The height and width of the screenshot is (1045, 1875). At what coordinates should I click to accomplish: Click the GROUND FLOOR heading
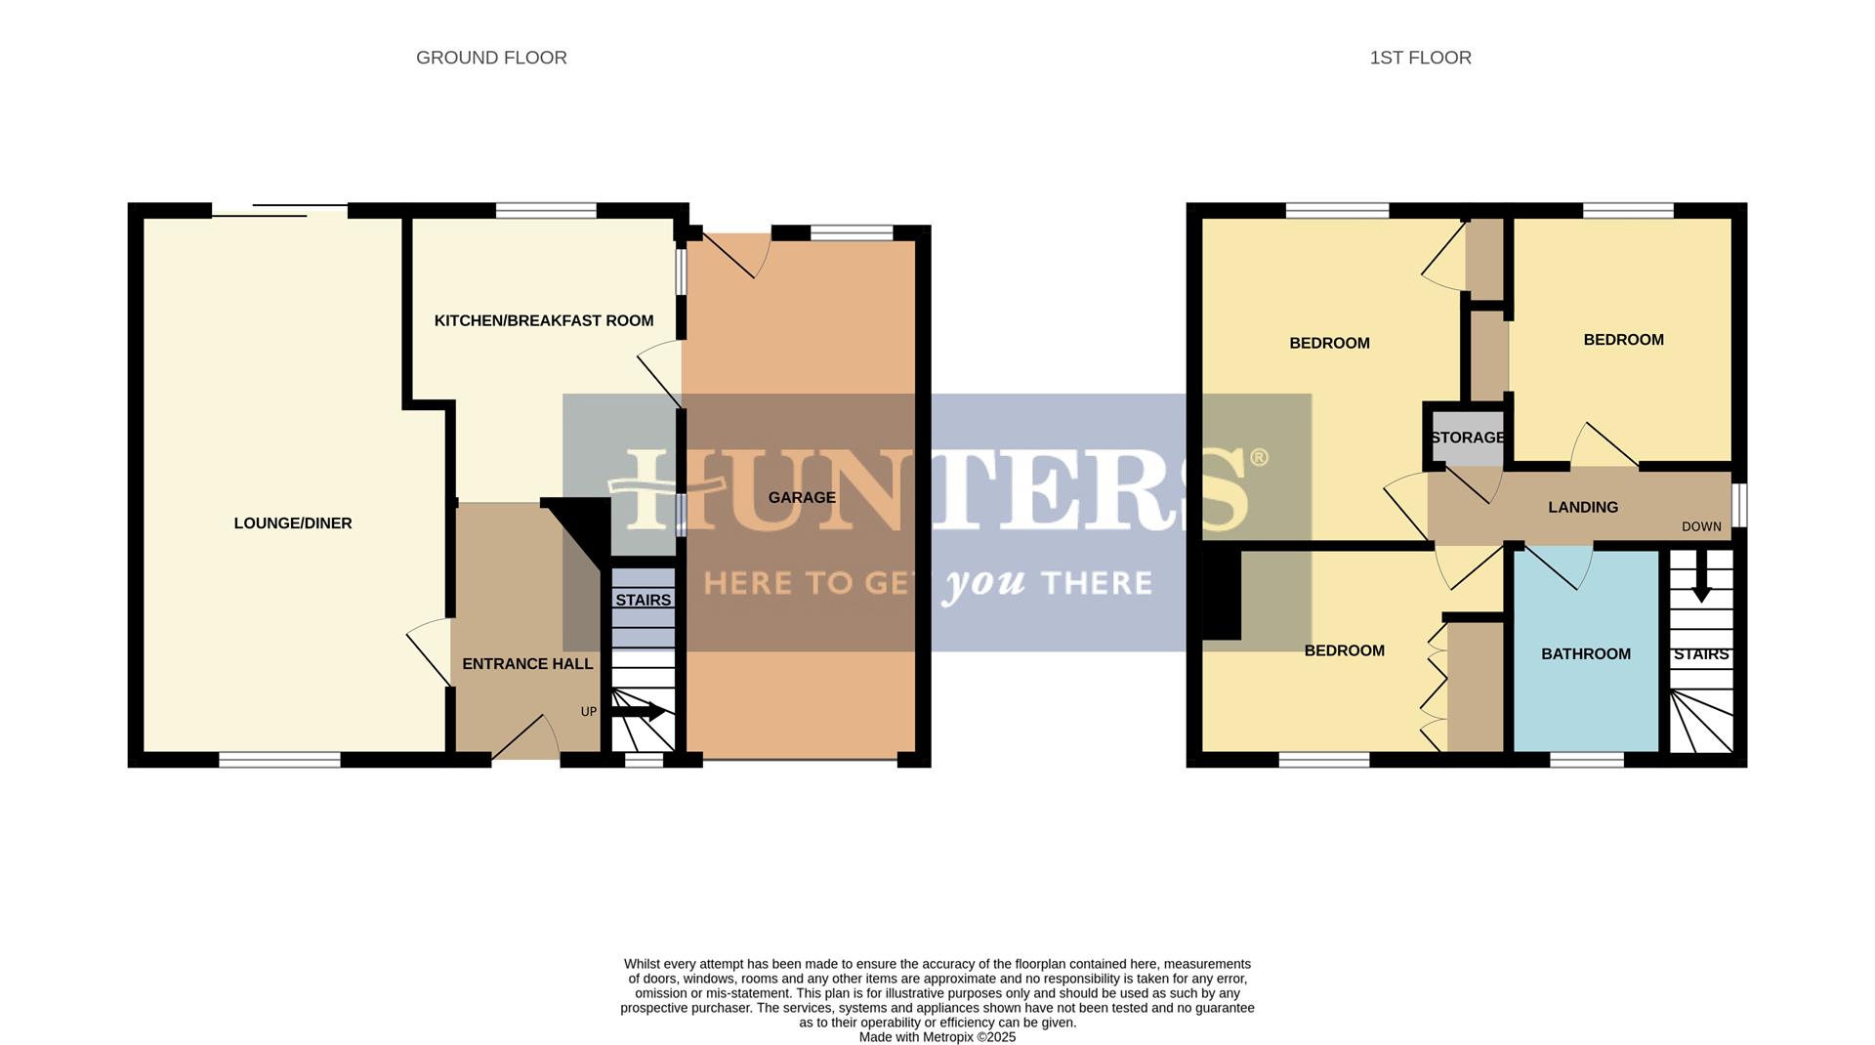(x=491, y=58)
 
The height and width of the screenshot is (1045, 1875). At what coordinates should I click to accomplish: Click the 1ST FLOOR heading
(x=1420, y=58)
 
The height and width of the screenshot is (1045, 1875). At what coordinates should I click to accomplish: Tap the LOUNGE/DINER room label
(x=293, y=523)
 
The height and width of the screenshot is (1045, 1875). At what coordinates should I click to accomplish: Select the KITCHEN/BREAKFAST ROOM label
(x=544, y=320)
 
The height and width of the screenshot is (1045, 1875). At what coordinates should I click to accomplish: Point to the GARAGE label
(x=802, y=497)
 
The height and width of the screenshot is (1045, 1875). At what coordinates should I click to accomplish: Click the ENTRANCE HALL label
(x=527, y=664)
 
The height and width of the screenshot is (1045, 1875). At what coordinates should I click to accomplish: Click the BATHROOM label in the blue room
(x=1586, y=654)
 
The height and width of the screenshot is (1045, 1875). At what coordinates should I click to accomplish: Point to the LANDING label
(x=1583, y=507)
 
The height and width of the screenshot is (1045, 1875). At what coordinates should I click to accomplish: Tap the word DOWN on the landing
(x=1701, y=526)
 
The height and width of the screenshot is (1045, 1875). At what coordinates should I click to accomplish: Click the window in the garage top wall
(x=852, y=232)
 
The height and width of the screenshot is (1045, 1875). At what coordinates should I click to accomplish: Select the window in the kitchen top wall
(x=546, y=210)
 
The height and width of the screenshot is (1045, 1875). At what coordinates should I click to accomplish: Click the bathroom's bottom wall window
(x=1587, y=760)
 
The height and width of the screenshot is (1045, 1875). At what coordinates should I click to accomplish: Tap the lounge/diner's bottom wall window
(x=279, y=760)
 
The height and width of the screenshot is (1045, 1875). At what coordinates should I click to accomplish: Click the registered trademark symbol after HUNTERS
(x=1259, y=456)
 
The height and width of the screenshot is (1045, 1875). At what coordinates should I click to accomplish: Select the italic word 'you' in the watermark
(x=984, y=584)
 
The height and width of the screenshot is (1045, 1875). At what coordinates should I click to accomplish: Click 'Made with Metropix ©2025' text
(x=937, y=1037)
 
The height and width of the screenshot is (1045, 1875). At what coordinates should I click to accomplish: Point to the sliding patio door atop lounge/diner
(x=280, y=210)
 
